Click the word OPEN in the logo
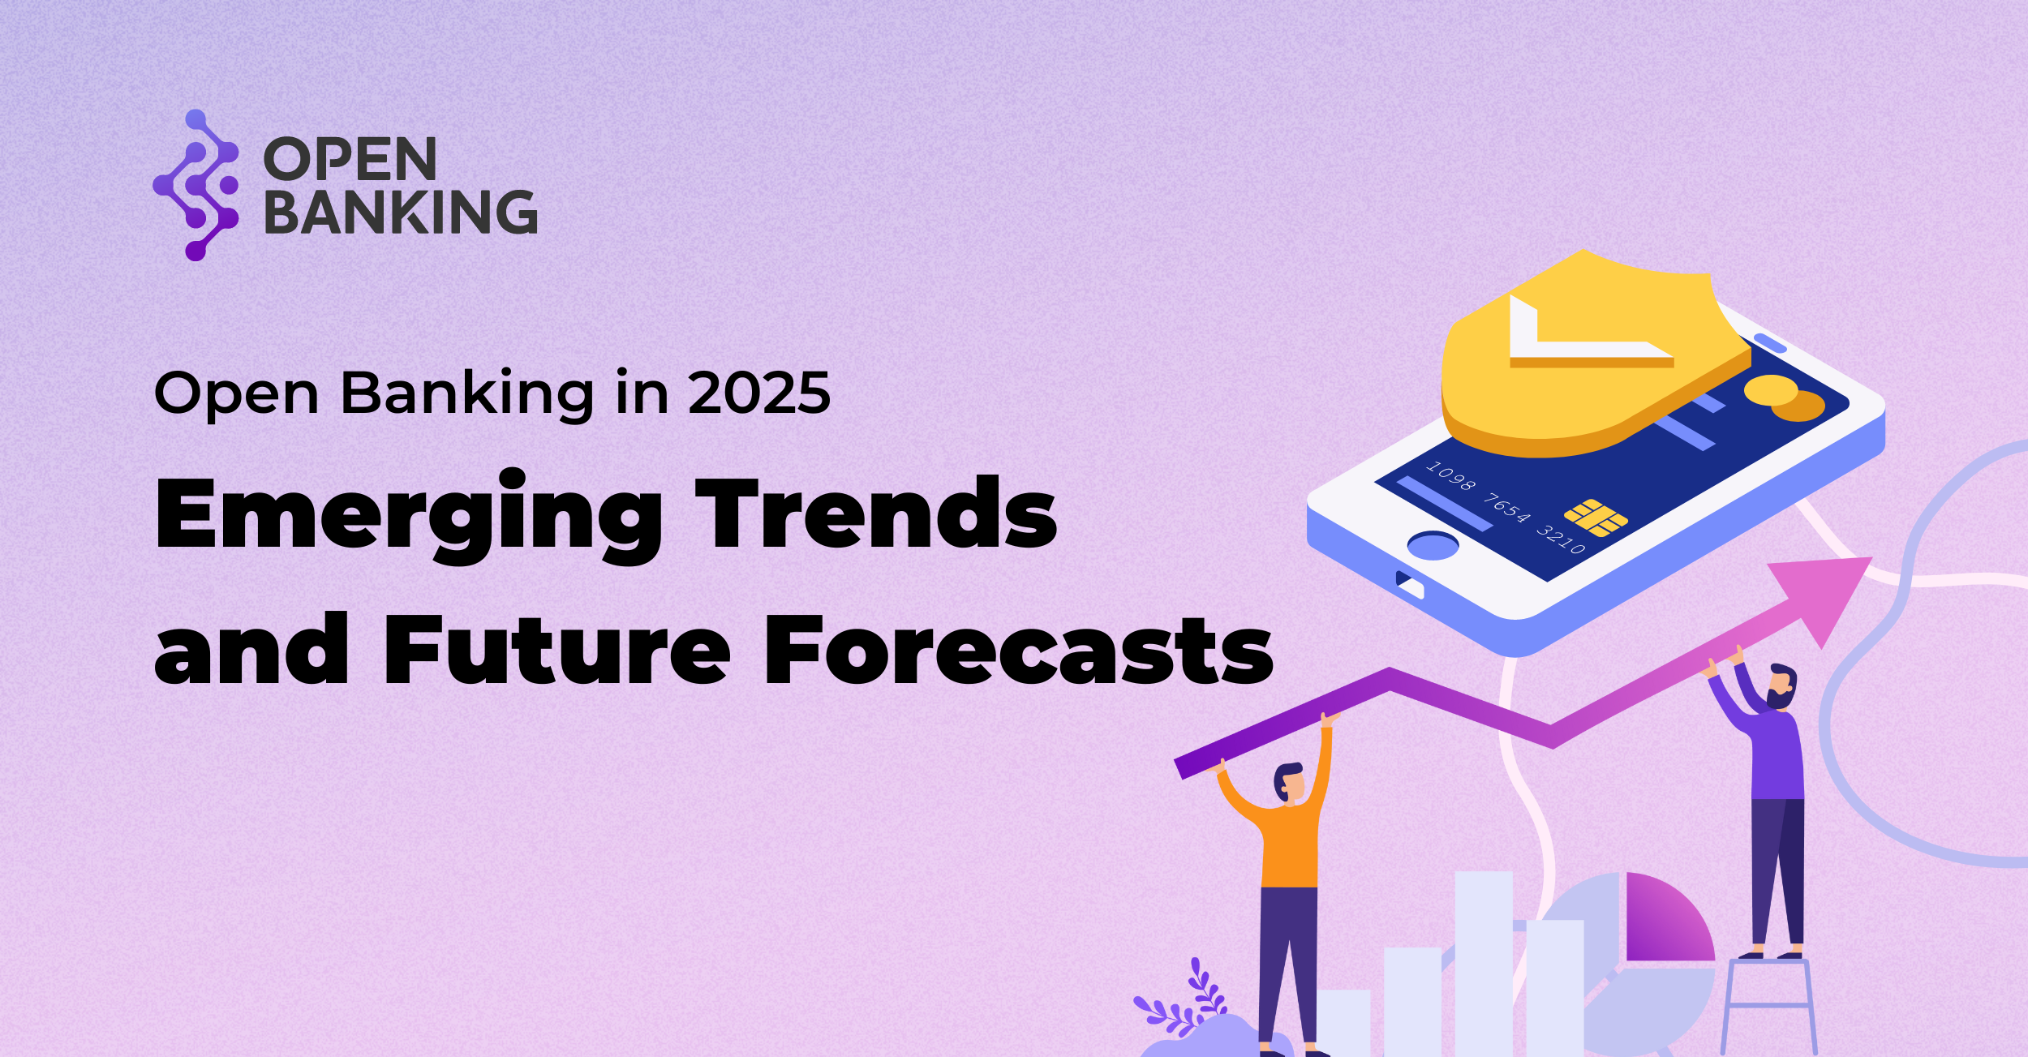(x=350, y=159)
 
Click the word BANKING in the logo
(x=401, y=212)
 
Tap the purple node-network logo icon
(x=195, y=185)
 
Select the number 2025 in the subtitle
(x=759, y=393)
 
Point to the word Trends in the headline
(x=876, y=512)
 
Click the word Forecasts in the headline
(x=1019, y=650)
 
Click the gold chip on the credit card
(x=1596, y=518)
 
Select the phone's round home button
(x=1433, y=545)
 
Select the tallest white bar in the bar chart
(x=1484, y=964)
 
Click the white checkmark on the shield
(x=1582, y=333)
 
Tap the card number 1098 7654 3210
(x=1506, y=508)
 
